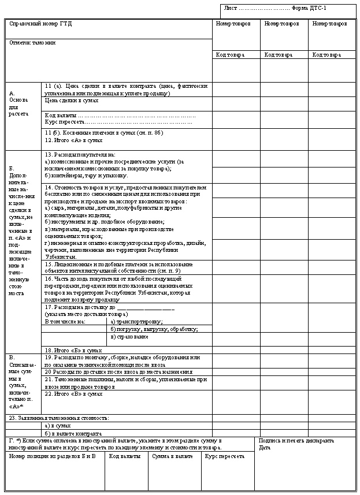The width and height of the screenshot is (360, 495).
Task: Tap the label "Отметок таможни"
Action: pyautogui.click(x=32, y=43)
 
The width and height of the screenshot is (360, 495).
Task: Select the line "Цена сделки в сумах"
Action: pyautogui.click(x=71, y=101)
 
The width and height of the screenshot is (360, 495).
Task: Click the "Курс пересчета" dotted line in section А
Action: pyautogui.click(x=118, y=122)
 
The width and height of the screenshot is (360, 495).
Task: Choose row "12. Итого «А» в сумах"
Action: pyautogui.click(x=73, y=140)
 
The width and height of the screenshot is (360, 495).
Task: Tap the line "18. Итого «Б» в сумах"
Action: pyautogui.click(x=73, y=350)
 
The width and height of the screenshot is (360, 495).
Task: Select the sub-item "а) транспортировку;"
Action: pyautogui.click(x=136, y=321)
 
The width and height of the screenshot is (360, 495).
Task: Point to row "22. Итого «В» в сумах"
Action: pyautogui.click(x=73, y=393)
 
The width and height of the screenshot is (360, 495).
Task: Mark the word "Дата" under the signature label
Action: pyautogui.click(x=265, y=447)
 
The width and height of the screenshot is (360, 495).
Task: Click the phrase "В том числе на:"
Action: pyautogui.click(x=65, y=321)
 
